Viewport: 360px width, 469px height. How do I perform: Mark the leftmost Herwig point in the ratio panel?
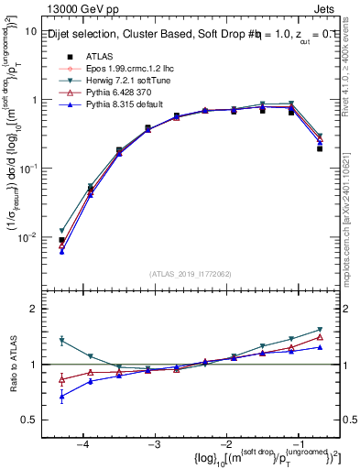coord(62,341)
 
